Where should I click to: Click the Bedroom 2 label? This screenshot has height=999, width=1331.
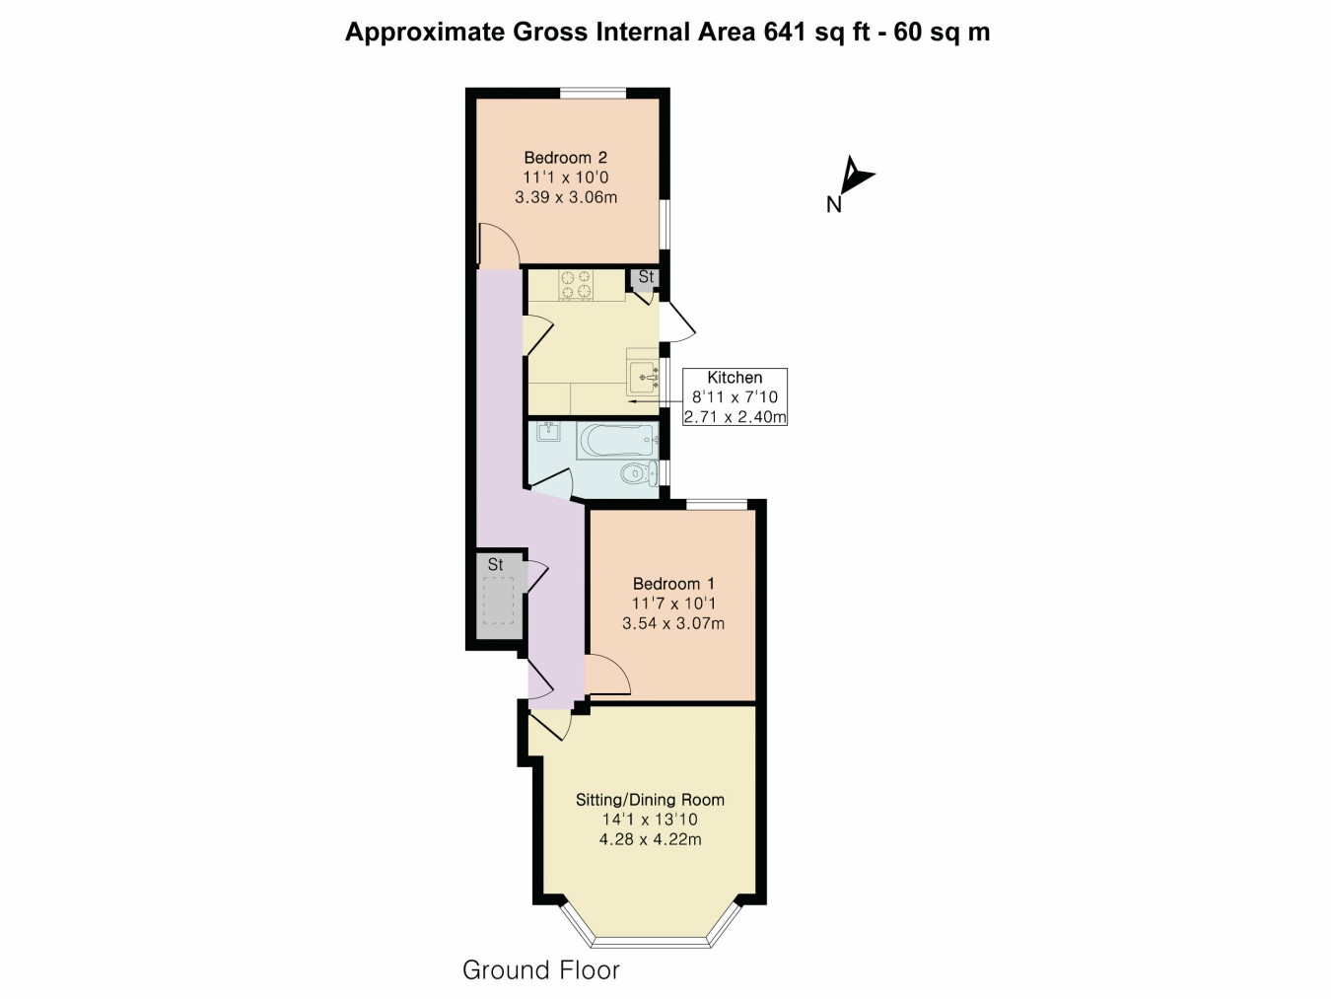pos(565,157)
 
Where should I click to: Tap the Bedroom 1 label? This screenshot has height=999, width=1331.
pos(673,584)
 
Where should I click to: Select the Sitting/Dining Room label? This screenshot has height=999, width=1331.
pos(650,800)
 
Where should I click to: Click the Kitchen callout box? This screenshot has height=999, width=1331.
pos(736,396)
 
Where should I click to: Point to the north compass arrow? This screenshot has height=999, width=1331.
pos(854,178)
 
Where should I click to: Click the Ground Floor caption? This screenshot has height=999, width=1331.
pos(540,970)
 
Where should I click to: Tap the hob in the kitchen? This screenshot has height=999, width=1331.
pos(577,285)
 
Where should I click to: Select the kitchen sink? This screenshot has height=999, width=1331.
pos(644,377)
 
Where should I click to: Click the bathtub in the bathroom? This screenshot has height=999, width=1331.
pos(617,440)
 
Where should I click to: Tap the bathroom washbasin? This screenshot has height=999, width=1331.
pos(549,432)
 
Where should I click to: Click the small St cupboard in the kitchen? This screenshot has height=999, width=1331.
pos(646,277)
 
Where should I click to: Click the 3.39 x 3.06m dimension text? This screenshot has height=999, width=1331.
pos(566,197)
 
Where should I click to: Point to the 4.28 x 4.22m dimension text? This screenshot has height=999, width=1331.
pos(650,840)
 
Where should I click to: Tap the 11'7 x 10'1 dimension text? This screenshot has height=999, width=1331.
pos(674,604)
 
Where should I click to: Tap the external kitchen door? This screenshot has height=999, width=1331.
pos(680,322)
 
